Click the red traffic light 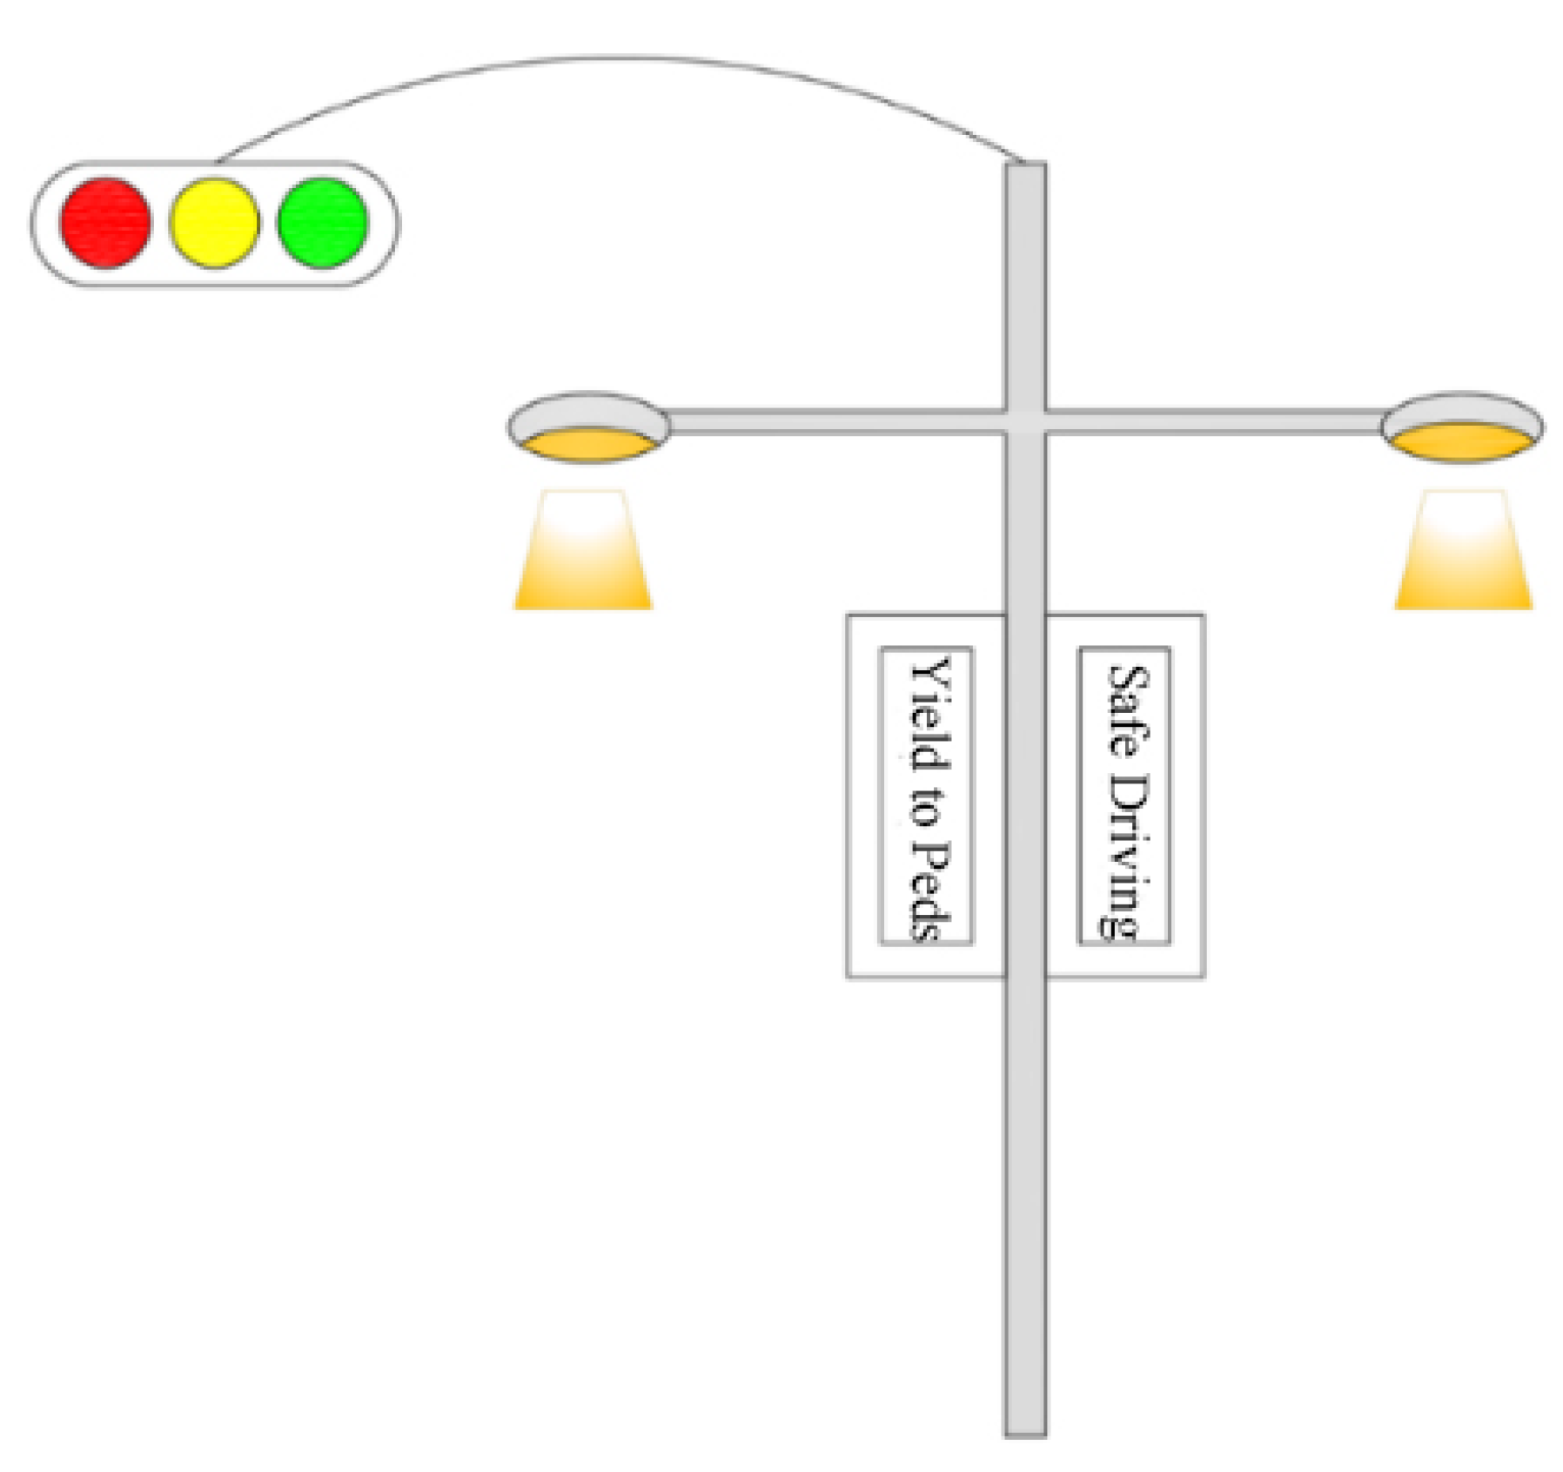pyautogui.click(x=105, y=223)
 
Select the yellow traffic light pyautogui.click(x=214, y=223)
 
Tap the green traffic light pyautogui.click(x=323, y=223)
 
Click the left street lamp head pyautogui.click(x=588, y=427)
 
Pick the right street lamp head pyautogui.click(x=1462, y=427)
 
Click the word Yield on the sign pyautogui.click(x=929, y=714)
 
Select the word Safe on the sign pyautogui.click(x=1127, y=709)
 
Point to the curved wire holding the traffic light pyautogui.click(x=609, y=59)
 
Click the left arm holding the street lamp pyautogui.click(x=835, y=422)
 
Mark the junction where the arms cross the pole pyautogui.click(x=1025, y=422)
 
